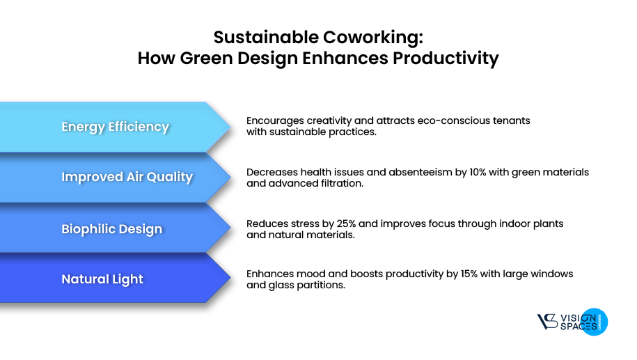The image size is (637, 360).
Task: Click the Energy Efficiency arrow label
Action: (x=115, y=127)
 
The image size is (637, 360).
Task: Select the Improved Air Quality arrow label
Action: (x=127, y=177)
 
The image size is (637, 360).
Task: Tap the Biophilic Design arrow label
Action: (x=111, y=229)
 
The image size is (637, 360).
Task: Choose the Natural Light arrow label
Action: (x=102, y=279)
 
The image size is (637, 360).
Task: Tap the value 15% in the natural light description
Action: (x=457, y=274)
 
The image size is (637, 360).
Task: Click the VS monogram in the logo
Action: (x=547, y=322)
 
